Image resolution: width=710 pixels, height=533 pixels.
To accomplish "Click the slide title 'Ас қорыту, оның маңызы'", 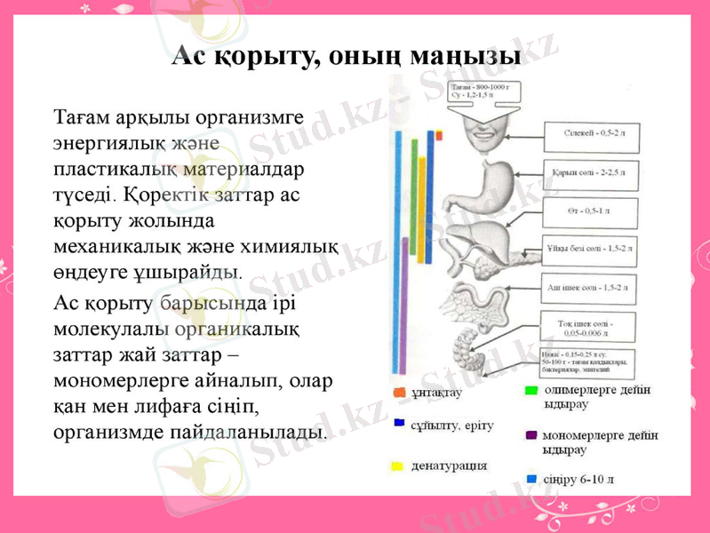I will click(347, 56).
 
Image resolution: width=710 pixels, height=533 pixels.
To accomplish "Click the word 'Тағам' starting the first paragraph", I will click(79, 116).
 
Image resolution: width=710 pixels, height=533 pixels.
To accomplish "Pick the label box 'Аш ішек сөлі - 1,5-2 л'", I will click(591, 287).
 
